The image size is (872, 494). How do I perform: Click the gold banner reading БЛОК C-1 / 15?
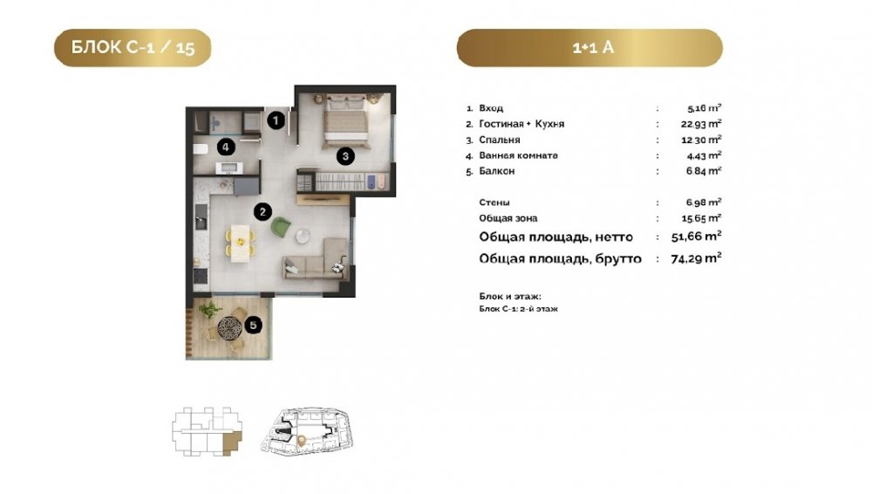133,48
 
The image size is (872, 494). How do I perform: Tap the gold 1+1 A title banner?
589,48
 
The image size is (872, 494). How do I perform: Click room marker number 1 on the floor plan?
276,120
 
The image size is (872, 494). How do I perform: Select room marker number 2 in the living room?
262,211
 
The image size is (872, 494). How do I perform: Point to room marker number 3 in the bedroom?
345,156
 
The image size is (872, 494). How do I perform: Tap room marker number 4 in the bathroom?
225,147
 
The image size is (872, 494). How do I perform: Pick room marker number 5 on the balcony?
254,326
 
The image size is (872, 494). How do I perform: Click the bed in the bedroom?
346,122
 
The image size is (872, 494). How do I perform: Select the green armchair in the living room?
281,227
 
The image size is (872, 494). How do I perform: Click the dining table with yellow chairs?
241,243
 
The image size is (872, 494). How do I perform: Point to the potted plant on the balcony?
209,310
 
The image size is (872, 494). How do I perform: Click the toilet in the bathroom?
201,148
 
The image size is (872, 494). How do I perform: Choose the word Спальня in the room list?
500,140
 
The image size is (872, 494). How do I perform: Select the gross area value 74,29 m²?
696,257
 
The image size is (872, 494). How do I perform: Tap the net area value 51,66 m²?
696,237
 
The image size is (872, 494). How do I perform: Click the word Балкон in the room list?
497,171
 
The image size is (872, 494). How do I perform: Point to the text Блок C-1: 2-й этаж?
518,309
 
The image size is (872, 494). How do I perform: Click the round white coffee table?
303,237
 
